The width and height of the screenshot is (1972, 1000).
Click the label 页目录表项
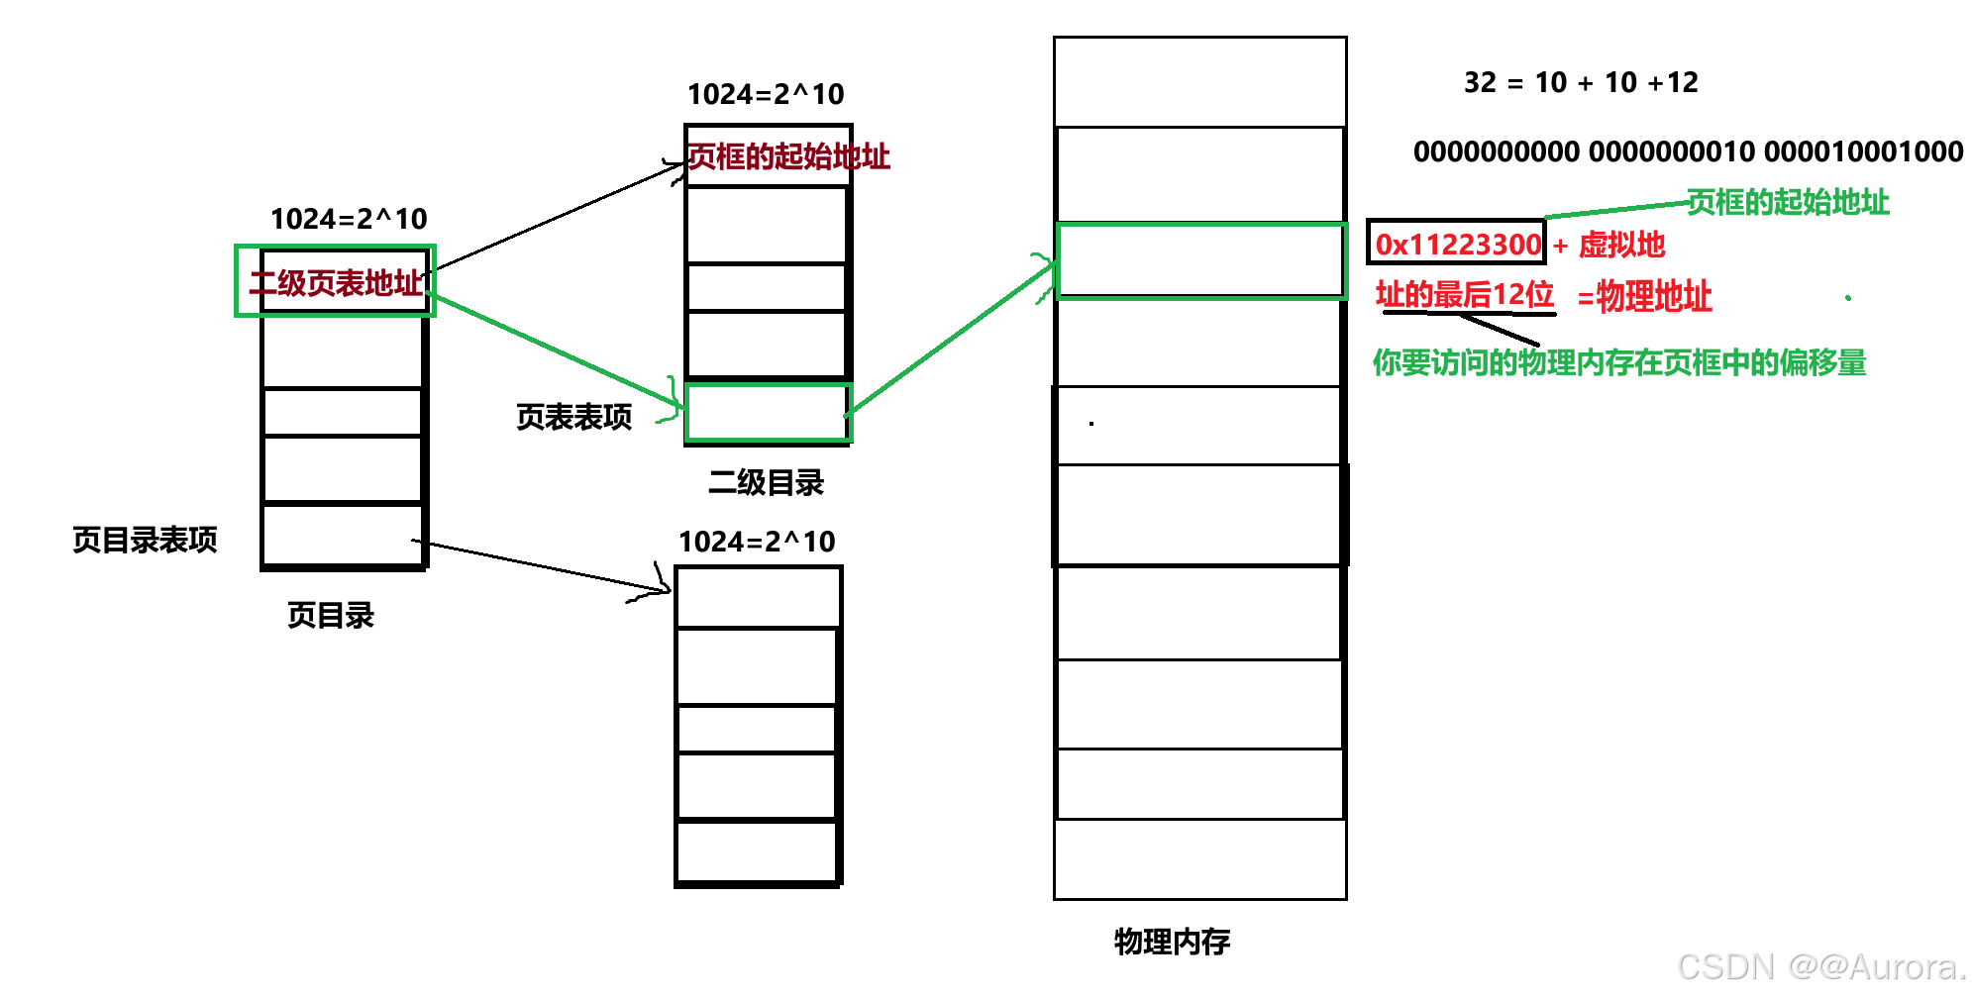[x=145, y=540]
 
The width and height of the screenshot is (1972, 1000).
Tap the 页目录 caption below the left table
[x=331, y=615]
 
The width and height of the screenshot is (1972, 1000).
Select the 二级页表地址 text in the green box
[x=336, y=283]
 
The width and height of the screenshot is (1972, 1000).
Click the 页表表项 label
[x=573, y=417]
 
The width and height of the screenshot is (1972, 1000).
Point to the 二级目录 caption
[x=766, y=482]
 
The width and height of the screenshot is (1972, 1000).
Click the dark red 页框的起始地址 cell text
[x=788, y=156]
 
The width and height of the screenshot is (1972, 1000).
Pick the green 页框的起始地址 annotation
[x=1788, y=202]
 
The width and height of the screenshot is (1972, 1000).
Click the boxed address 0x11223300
[x=1457, y=244]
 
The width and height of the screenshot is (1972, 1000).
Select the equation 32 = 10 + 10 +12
[x=1581, y=82]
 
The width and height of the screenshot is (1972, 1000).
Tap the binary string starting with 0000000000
[x=1688, y=151]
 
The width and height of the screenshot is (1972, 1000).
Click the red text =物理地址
[x=1645, y=296]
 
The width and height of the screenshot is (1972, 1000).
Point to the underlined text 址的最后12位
[x=1465, y=295]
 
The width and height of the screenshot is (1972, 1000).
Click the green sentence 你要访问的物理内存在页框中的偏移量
[x=1619, y=362]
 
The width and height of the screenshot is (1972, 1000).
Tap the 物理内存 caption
[x=1172, y=941]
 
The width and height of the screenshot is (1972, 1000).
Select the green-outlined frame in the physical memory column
[x=1200, y=260]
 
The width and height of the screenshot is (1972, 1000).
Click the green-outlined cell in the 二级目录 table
[x=768, y=413]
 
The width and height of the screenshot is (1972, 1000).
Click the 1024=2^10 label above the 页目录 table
[x=349, y=219]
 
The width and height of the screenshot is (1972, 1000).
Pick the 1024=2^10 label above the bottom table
[x=757, y=542]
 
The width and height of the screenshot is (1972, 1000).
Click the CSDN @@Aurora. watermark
[x=1820, y=966]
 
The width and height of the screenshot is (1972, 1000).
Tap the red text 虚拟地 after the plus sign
[x=1621, y=245]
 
